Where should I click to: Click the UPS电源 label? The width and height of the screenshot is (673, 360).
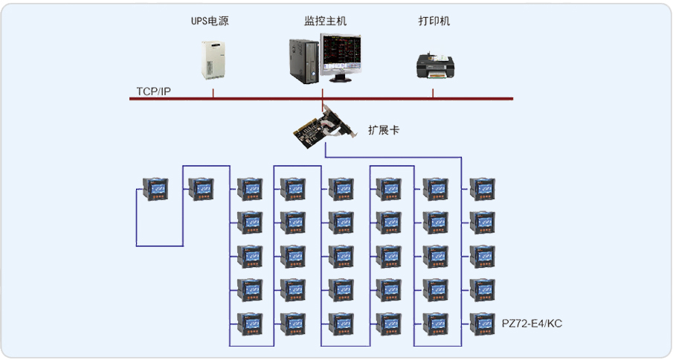(x=210, y=22)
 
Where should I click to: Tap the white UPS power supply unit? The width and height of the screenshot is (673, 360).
(x=211, y=60)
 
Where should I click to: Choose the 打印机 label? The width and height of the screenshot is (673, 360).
(x=434, y=22)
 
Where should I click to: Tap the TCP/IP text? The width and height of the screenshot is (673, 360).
(x=153, y=91)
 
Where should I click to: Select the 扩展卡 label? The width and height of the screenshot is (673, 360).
(x=384, y=130)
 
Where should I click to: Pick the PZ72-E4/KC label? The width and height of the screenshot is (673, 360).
(x=532, y=324)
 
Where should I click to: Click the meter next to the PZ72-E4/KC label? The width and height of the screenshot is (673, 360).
(x=482, y=324)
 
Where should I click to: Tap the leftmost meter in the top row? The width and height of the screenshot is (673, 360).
(x=155, y=190)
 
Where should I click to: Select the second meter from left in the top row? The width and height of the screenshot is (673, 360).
(x=201, y=189)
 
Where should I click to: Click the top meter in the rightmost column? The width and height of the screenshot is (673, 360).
(x=482, y=189)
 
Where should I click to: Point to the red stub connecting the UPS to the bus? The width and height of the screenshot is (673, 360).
(x=213, y=93)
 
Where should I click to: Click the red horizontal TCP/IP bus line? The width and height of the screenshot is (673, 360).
(x=387, y=98)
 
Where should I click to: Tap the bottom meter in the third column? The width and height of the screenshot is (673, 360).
(x=249, y=324)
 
